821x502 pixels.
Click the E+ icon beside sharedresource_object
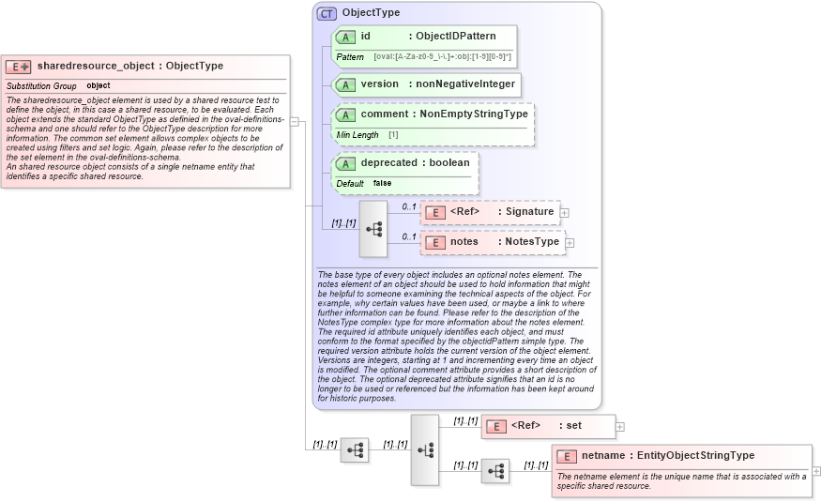coord(19,67)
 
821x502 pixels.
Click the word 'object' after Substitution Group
coord(99,85)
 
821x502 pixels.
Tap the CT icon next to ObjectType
coord(327,13)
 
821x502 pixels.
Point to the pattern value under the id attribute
coord(442,57)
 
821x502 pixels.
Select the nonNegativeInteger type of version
coord(462,84)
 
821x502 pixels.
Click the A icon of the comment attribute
coord(346,114)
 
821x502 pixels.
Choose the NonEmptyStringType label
coord(473,114)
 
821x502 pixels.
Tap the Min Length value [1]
coord(393,135)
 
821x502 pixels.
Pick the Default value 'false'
coord(382,184)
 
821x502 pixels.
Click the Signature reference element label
coord(529,212)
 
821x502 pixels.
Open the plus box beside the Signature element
coord(564,213)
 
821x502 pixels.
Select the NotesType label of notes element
coord(532,242)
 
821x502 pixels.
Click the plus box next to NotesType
coord(570,243)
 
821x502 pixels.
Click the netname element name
coord(602,456)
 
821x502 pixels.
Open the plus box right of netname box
coord(816,471)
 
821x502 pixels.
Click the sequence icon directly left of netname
coord(495,471)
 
